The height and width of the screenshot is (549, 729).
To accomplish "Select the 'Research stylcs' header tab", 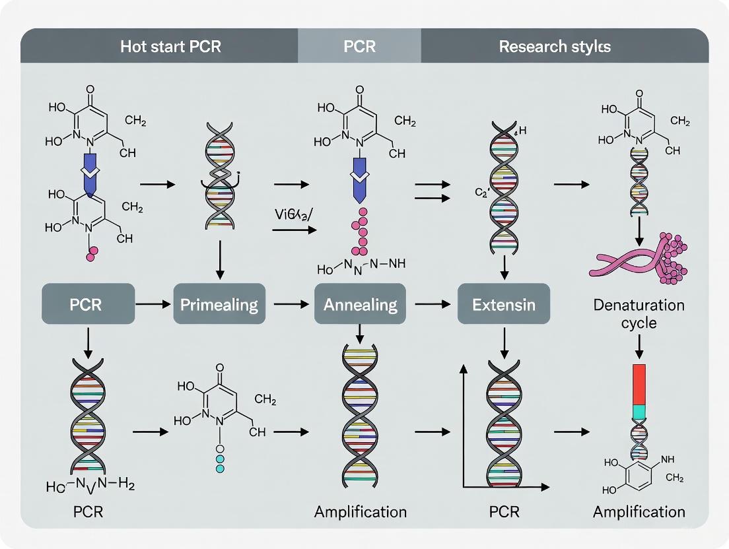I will (554, 47).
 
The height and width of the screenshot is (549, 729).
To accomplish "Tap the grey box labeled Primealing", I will (219, 304).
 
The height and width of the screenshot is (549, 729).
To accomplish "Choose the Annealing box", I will (360, 304).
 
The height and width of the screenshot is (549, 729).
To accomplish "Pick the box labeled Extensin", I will (503, 304).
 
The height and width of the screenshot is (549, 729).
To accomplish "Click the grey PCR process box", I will (88, 304).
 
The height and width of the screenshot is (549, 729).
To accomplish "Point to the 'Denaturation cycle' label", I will (639, 314).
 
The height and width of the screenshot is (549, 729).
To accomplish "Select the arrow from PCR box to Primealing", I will (153, 304).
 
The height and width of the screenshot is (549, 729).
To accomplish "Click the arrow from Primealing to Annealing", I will (291, 304).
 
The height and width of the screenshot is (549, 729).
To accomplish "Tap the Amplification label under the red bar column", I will (639, 511).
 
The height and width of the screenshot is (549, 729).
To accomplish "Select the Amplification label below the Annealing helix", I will (360, 511).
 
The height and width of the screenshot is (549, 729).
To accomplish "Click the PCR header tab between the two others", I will (360, 47).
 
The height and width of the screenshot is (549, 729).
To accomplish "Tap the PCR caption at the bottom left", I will (88, 511).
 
